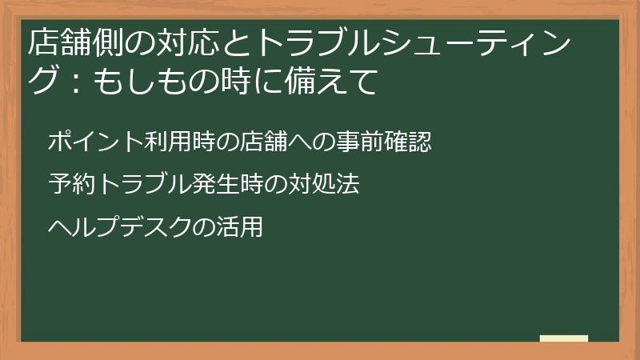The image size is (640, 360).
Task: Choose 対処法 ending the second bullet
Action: [322, 185]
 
